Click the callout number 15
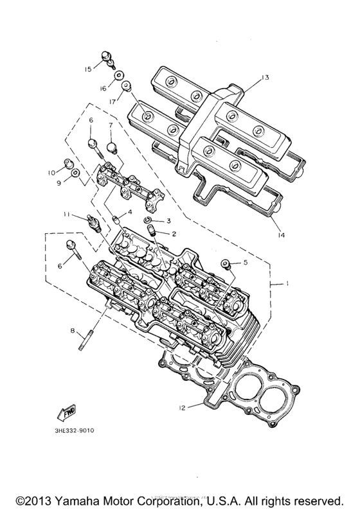click(88, 69)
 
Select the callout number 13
click(265, 78)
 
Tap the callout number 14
click(281, 235)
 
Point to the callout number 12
click(183, 407)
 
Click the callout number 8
click(72, 331)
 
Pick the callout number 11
click(67, 214)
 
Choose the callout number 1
click(287, 284)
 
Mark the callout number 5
click(245, 262)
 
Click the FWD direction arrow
click(66, 412)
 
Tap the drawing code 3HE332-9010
click(74, 430)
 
